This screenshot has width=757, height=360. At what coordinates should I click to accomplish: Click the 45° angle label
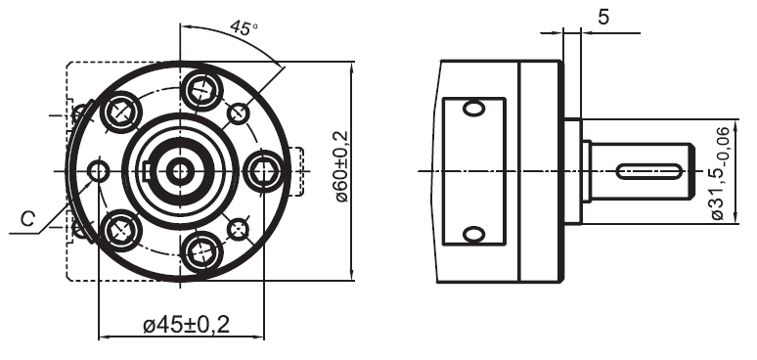click(244, 27)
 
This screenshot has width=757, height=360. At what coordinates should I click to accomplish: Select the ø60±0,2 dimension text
click(341, 166)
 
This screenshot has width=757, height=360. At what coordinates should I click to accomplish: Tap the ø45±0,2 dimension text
click(187, 325)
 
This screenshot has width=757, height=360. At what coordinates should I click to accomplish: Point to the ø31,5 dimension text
click(722, 174)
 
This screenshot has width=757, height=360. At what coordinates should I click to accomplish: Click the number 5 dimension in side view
click(603, 17)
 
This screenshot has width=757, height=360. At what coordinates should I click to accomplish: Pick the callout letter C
click(28, 219)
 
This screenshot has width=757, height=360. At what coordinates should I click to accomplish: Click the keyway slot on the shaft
click(648, 171)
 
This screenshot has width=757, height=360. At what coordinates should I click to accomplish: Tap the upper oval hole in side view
click(474, 108)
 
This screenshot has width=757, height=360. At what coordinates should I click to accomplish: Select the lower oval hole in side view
click(474, 235)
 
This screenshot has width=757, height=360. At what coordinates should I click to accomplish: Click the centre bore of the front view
click(180, 171)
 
